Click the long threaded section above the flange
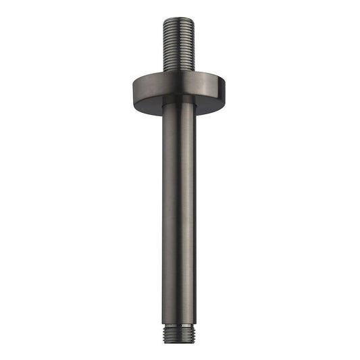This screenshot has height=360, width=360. pos(180,45)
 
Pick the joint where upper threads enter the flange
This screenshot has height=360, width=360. pos(180,72)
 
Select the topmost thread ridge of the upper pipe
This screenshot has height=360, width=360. pos(180,22)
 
